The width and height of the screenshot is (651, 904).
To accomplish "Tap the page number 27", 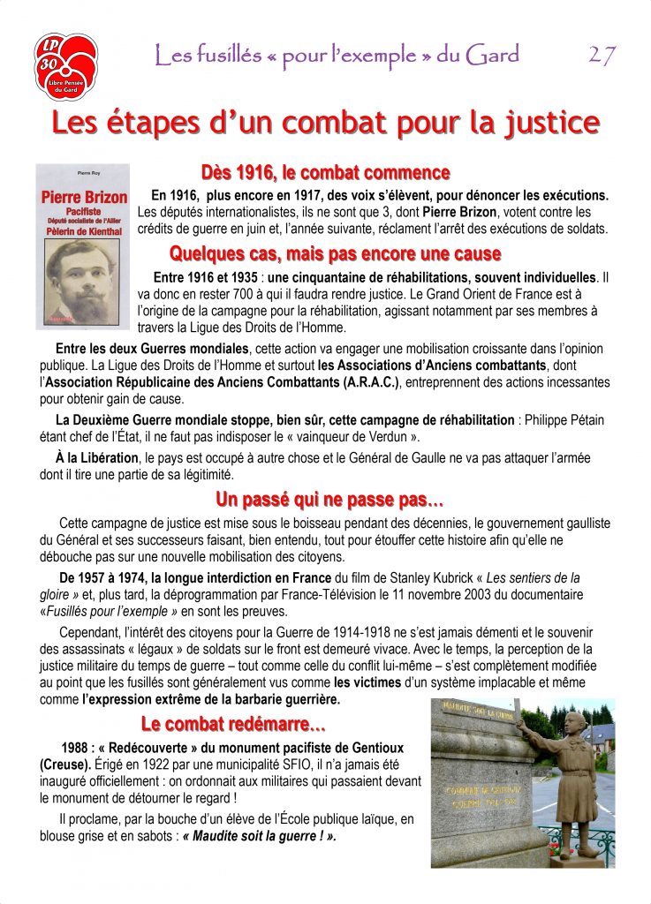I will coord(602,56).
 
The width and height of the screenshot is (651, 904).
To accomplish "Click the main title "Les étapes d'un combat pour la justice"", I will coord(325,123).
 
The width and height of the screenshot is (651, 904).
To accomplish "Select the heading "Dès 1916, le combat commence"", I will coord(326,172).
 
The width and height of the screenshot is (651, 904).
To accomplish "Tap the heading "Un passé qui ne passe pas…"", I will coord(329,501).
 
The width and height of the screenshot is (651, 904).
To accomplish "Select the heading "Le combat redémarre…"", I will coord(233,726).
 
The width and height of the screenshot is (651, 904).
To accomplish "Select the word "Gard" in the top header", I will coord(494,56).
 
